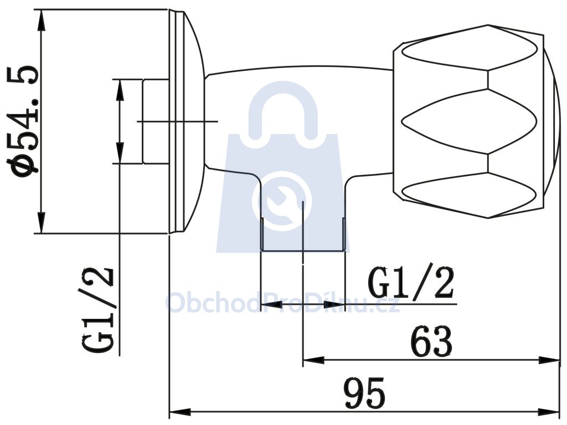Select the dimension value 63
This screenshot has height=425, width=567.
pyautogui.click(x=431, y=341)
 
